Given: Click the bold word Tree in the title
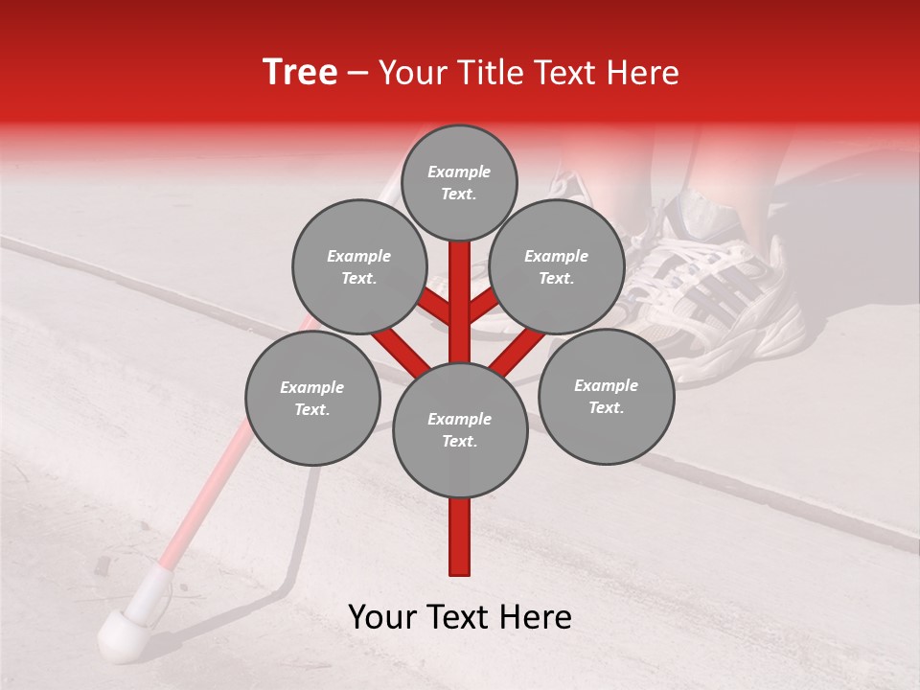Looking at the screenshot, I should [300, 72].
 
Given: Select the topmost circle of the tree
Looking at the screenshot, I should [459, 182].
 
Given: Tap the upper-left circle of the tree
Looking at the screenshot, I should [358, 266].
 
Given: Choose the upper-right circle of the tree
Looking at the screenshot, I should [556, 266].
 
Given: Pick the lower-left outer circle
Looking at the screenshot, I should [312, 399].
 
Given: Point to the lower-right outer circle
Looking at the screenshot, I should [606, 396].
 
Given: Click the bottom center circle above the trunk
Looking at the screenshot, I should [460, 430].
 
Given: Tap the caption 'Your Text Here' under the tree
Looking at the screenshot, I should [460, 617].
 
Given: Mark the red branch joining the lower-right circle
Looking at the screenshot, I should [517, 350].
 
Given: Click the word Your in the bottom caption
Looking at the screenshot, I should [383, 617].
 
